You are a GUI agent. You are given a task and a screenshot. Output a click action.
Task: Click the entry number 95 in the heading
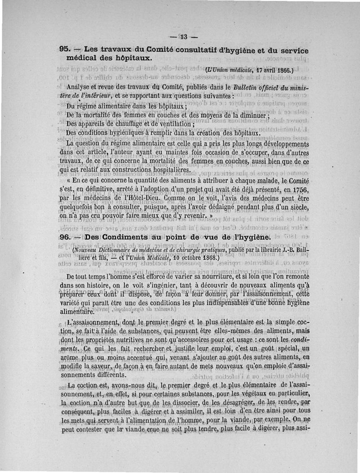(x=64, y=50)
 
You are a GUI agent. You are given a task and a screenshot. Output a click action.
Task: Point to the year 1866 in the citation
(x=282, y=71)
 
